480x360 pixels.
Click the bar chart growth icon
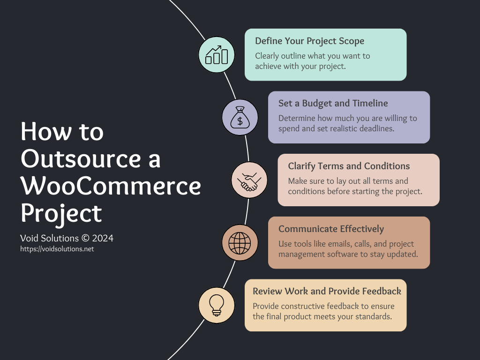point(217,55)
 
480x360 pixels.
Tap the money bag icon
point(240,117)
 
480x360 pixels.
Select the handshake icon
point(249,182)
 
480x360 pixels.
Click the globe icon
point(240,243)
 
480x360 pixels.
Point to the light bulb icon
point(217,305)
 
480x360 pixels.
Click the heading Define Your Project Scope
point(309,41)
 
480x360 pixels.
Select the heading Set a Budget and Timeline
point(333,104)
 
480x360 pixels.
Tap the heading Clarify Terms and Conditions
point(349,166)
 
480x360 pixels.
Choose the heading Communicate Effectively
point(331,229)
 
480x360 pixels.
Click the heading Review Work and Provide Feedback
point(327,291)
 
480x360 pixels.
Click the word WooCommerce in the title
point(111,186)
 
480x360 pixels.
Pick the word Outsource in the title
point(81,159)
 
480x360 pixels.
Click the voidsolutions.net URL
point(57,249)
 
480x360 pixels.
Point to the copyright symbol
point(85,238)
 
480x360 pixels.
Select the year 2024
point(103,238)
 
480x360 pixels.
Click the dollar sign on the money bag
point(240,121)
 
